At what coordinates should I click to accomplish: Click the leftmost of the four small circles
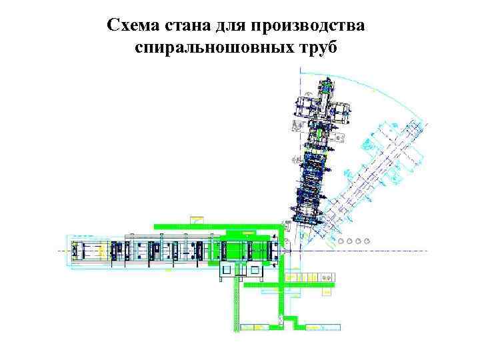click(x=341, y=241)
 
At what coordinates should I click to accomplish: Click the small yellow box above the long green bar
click(x=197, y=219)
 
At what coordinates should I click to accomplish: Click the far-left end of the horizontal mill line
click(x=67, y=251)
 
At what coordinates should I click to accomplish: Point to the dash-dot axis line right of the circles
click(x=400, y=250)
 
